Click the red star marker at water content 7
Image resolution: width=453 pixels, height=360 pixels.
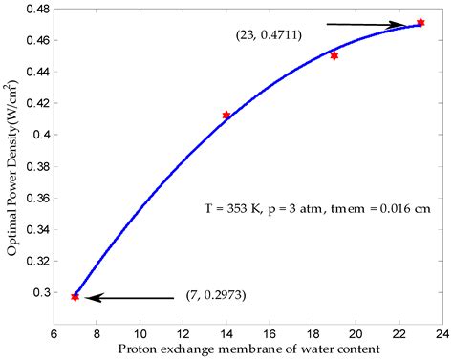(x=75, y=297)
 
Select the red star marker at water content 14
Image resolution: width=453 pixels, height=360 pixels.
(x=226, y=116)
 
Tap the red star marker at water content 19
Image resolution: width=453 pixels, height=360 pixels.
(x=334, y=55)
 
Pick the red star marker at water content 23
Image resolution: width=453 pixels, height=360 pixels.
(x=421, y=22)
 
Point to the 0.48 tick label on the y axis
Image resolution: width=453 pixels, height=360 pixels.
(x=38, y=10)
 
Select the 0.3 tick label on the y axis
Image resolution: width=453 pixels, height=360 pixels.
(x=43, y=292)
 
